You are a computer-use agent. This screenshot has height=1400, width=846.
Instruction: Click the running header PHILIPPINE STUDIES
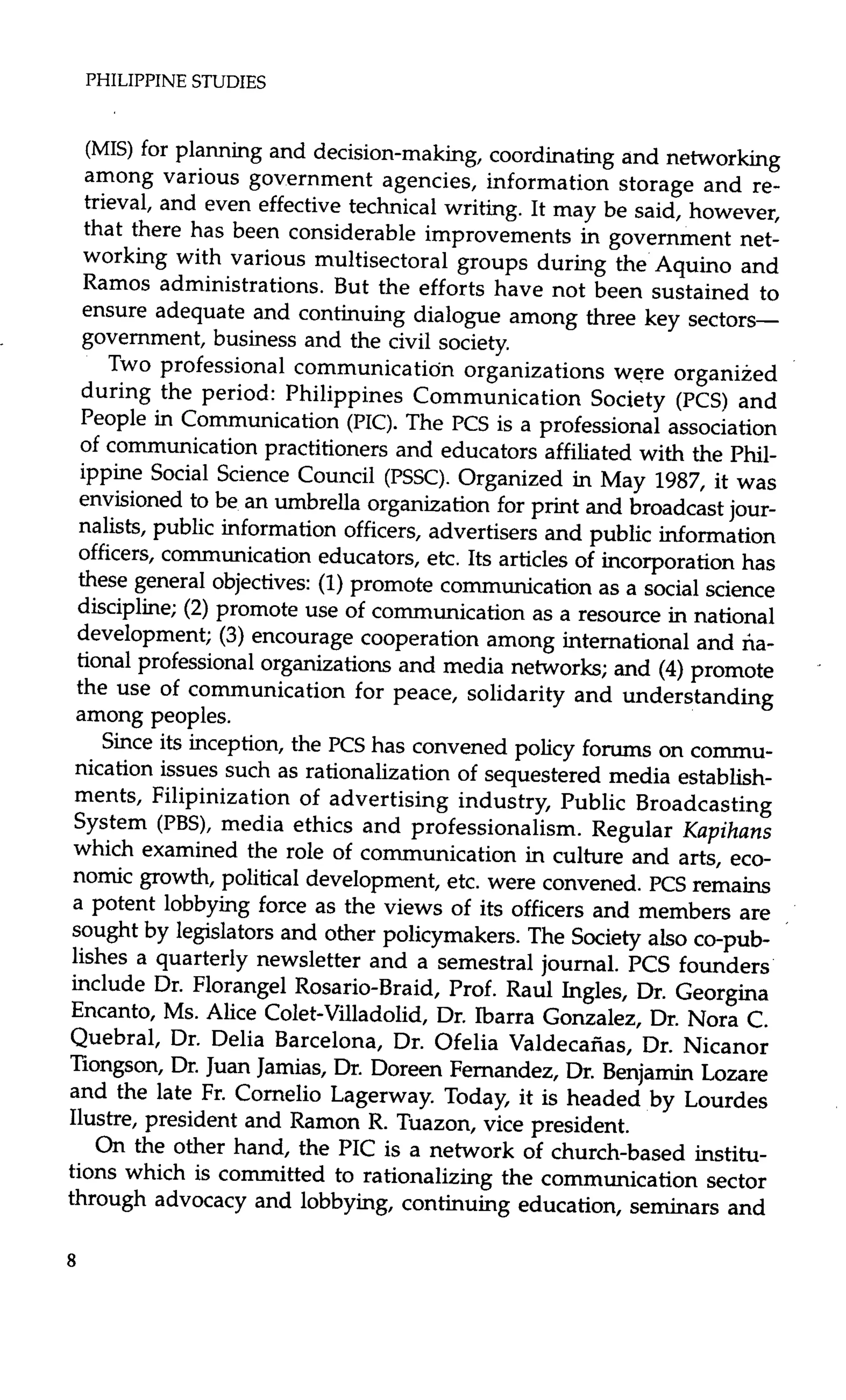click(175, 82)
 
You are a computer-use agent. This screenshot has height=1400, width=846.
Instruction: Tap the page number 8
click(71, 1261)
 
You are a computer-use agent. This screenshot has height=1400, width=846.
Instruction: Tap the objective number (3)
click(231, 635)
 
